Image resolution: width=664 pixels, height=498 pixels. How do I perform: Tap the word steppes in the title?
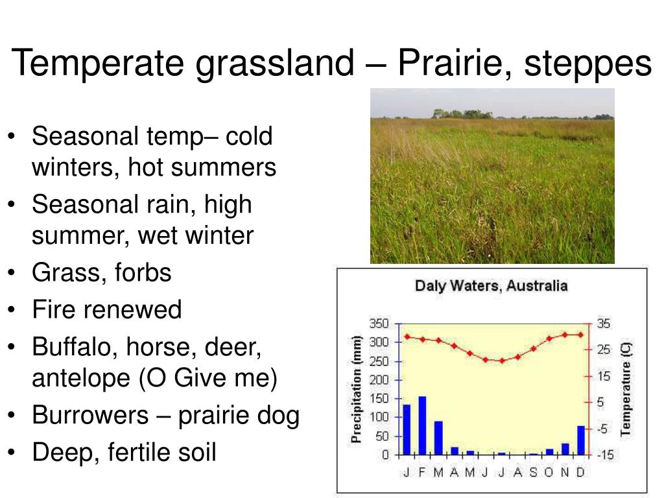(587, 64)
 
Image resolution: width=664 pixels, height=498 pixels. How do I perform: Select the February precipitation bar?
(422, 425)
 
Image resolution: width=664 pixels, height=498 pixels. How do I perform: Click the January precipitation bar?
(407, 430)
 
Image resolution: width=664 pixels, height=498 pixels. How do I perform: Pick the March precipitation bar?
(438, 438)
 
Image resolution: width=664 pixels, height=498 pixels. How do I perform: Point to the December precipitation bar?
(581, 440)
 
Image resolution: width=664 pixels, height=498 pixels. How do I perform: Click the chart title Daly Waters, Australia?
(492, 286)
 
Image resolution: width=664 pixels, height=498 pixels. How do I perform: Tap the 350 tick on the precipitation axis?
(379, 324)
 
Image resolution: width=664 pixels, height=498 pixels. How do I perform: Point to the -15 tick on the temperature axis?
(605, 455)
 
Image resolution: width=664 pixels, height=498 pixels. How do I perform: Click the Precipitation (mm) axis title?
(357, 389)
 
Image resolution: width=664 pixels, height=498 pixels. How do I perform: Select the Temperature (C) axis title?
(626, 389)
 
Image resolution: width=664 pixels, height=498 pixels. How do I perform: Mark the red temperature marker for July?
(502, 361)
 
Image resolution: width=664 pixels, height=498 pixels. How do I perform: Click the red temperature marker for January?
(407, 337)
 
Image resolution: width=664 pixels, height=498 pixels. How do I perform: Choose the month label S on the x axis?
(533, 472)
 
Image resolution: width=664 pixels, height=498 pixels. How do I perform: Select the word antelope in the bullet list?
(81, 378)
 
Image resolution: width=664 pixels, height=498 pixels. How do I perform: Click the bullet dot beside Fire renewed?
(12, 309)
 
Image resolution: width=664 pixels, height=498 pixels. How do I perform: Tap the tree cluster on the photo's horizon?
(462, 113)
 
